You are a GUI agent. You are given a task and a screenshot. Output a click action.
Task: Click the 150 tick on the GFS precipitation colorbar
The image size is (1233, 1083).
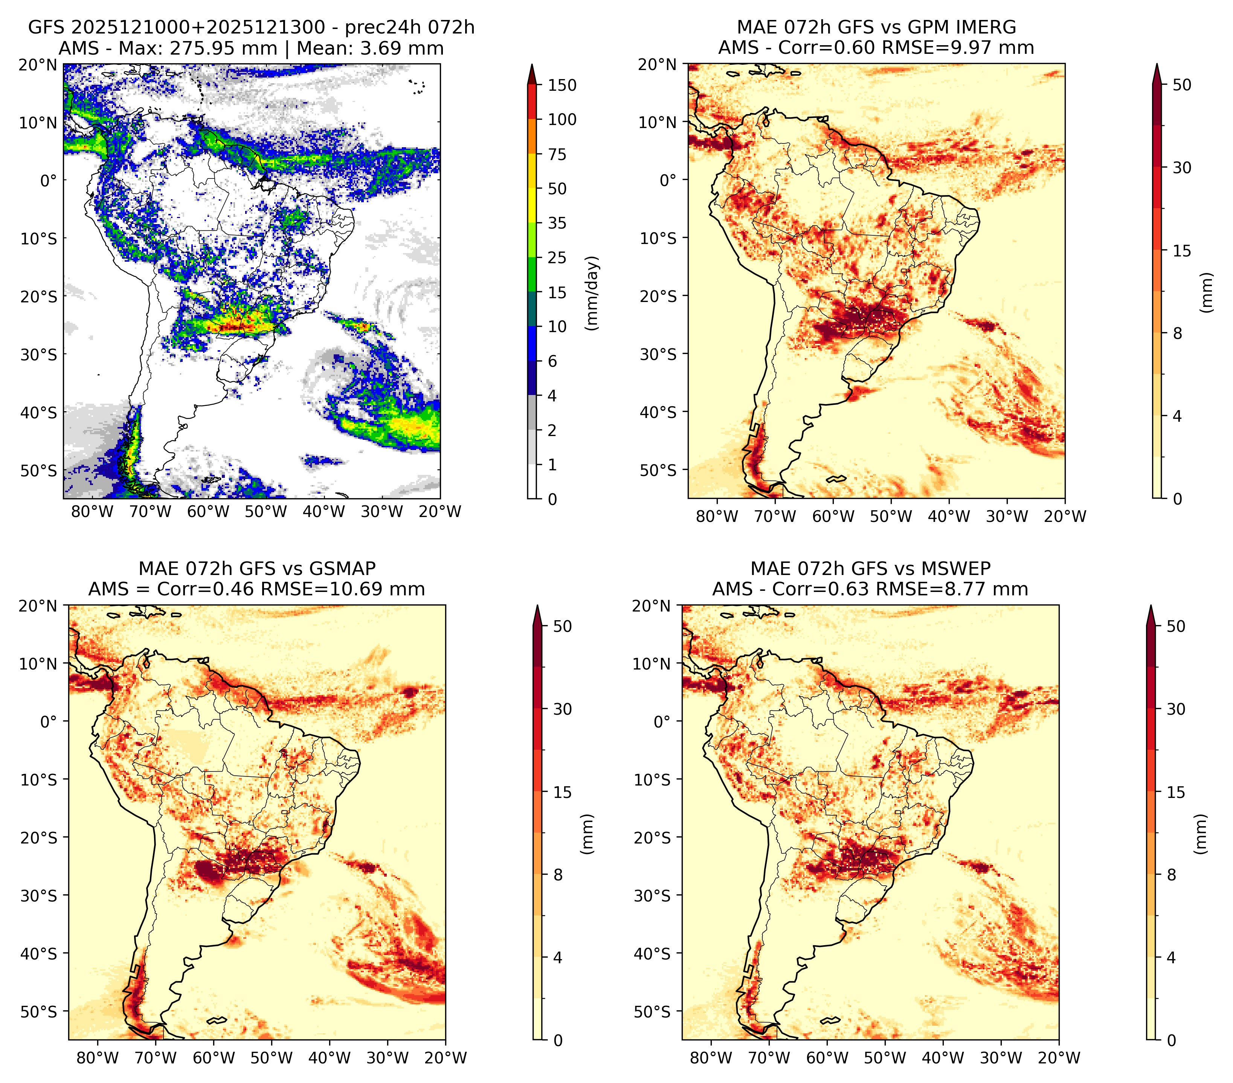[x=562, y=85]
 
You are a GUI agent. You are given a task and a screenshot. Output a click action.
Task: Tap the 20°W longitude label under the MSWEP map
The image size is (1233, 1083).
[x=1059, y=1058]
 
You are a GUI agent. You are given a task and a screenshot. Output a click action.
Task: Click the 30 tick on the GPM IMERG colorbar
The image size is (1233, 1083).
[x=1182, y=168]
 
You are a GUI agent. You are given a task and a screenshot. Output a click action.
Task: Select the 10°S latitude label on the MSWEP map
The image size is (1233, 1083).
[x=652, y=780]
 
